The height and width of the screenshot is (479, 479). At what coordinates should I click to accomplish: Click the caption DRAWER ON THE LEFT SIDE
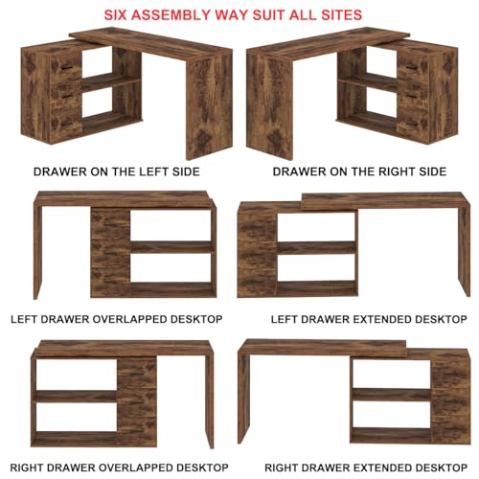[x=117, y=171]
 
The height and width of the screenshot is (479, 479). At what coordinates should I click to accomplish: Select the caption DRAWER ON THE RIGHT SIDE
[x=359, y=171]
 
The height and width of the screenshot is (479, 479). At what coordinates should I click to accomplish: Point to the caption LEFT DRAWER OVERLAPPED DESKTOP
[x=117, y=318]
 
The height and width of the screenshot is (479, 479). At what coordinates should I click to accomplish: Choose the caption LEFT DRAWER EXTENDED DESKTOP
[x=355, y=318]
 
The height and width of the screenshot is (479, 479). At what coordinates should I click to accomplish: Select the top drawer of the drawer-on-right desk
[x=414, y=65]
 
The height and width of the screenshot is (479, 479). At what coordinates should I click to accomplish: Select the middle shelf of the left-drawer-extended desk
[x=316, y=246]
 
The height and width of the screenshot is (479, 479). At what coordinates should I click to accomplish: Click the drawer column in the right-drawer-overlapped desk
[x=138, y=397]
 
